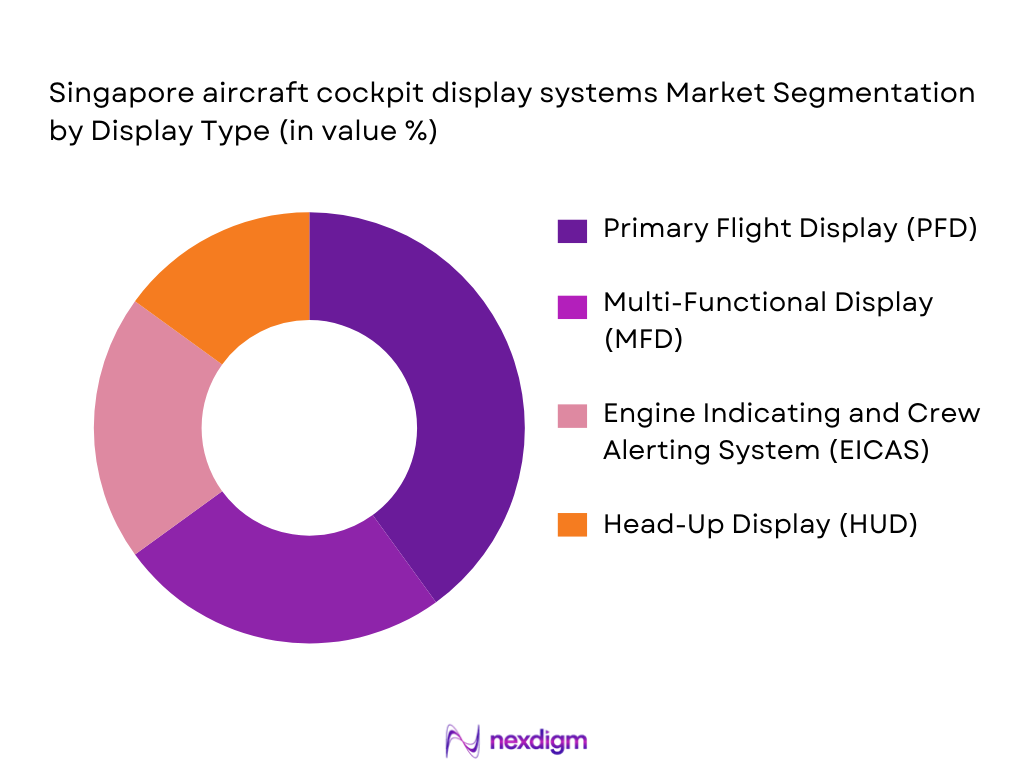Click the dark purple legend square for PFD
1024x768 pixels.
tap(573, 229)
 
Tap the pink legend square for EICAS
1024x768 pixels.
tap(573, 414)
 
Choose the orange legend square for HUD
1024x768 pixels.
tap(573, 524)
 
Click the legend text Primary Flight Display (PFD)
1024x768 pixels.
tap(790, 229)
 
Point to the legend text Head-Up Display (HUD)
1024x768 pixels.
tap(760, 524)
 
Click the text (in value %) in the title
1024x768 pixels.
tap(353, 132)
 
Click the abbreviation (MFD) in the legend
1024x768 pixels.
tap(643, 340)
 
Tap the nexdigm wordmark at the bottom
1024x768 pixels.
tap(539, 740)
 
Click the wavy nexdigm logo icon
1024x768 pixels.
tap(462, 740)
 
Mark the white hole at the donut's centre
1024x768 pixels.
tap(310, 428)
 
